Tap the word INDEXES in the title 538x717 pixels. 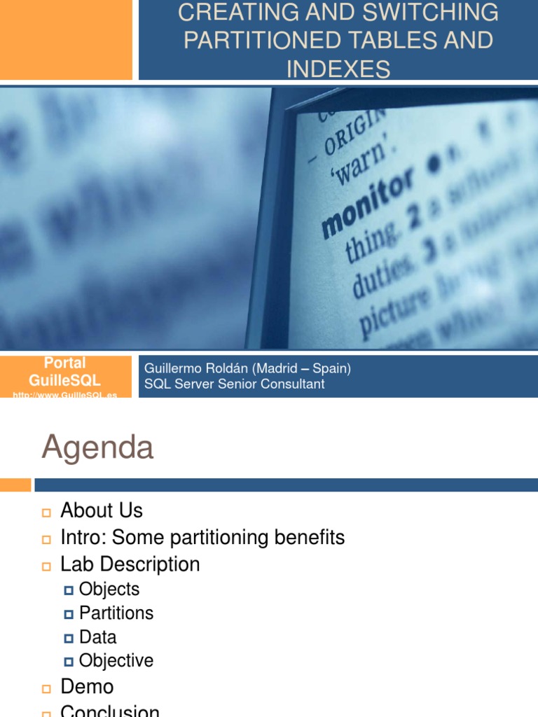point(338,69)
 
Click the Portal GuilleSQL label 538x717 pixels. point(65,372)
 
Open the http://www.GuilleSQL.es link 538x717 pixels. point(65,395)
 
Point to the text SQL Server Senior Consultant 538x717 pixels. point(234,384)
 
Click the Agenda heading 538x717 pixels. point(97,447)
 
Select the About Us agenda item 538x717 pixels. point(102,510)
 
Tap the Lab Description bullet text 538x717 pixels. point(130,564)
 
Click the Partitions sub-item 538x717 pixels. point(116,613)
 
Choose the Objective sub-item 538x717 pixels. point(116,660)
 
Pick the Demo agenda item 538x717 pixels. point(87,686)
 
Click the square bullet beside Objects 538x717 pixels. point(69,590)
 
